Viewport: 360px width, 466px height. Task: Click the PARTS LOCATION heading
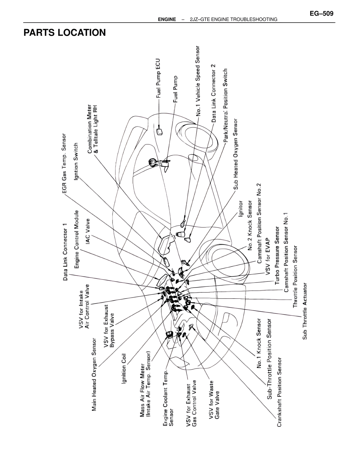tap(65, 33)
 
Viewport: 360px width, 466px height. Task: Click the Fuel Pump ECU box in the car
tap(159, 131)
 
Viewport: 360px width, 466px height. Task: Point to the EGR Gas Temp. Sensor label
tap(64, 163)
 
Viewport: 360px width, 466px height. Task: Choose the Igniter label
tap(240, 209)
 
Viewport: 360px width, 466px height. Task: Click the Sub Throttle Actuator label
tap(305, 311)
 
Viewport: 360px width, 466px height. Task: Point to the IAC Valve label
tap(88, 231)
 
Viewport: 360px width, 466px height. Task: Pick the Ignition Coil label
tap(124, 368)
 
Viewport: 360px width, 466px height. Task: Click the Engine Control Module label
tap(76, 239)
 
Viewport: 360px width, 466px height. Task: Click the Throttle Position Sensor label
tap(295, 276)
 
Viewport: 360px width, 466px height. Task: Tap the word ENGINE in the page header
tap(167, 19)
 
